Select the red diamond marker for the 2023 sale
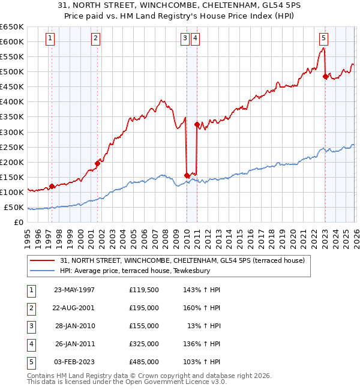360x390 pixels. coord(325,76)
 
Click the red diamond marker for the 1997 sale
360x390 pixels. coord(52,186)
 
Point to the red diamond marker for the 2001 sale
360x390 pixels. coord(97,163)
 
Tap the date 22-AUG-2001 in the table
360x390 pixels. coord(74,308)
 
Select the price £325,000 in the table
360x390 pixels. coord(144,344)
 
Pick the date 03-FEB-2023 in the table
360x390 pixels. coord(74,362)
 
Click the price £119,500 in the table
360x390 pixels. coord(144,290)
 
